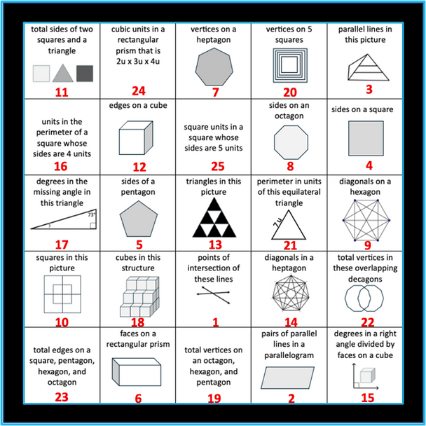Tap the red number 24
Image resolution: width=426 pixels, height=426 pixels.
(x=139, y=90)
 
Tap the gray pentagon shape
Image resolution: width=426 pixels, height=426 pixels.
(x=138, y=218)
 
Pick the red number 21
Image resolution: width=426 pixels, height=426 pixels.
(x=290, y=245)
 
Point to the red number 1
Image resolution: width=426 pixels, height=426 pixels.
(x=214, y=323)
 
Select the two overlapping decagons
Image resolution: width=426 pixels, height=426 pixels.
(x=365, y=297)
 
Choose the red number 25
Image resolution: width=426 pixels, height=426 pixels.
(x=214, y=167)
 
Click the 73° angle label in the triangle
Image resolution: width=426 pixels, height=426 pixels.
(x=90, y=215)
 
